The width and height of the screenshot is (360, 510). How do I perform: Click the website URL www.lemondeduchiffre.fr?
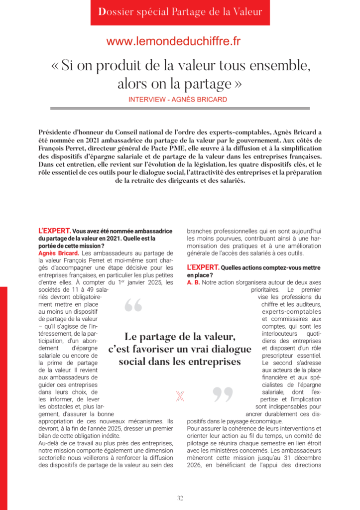(x=173, y=42)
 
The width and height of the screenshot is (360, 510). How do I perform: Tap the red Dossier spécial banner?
(x=180, y=12)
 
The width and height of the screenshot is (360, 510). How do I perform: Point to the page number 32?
(x=180, y=498)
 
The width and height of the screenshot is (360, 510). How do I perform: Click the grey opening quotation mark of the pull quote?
(x=133, y=305)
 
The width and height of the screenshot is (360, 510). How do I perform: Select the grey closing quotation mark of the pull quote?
(x=223, y=394)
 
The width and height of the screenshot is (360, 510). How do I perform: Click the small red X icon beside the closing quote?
(x=180, y=396)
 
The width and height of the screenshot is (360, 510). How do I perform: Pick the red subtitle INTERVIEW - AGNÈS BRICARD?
(x=178, y=100)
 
